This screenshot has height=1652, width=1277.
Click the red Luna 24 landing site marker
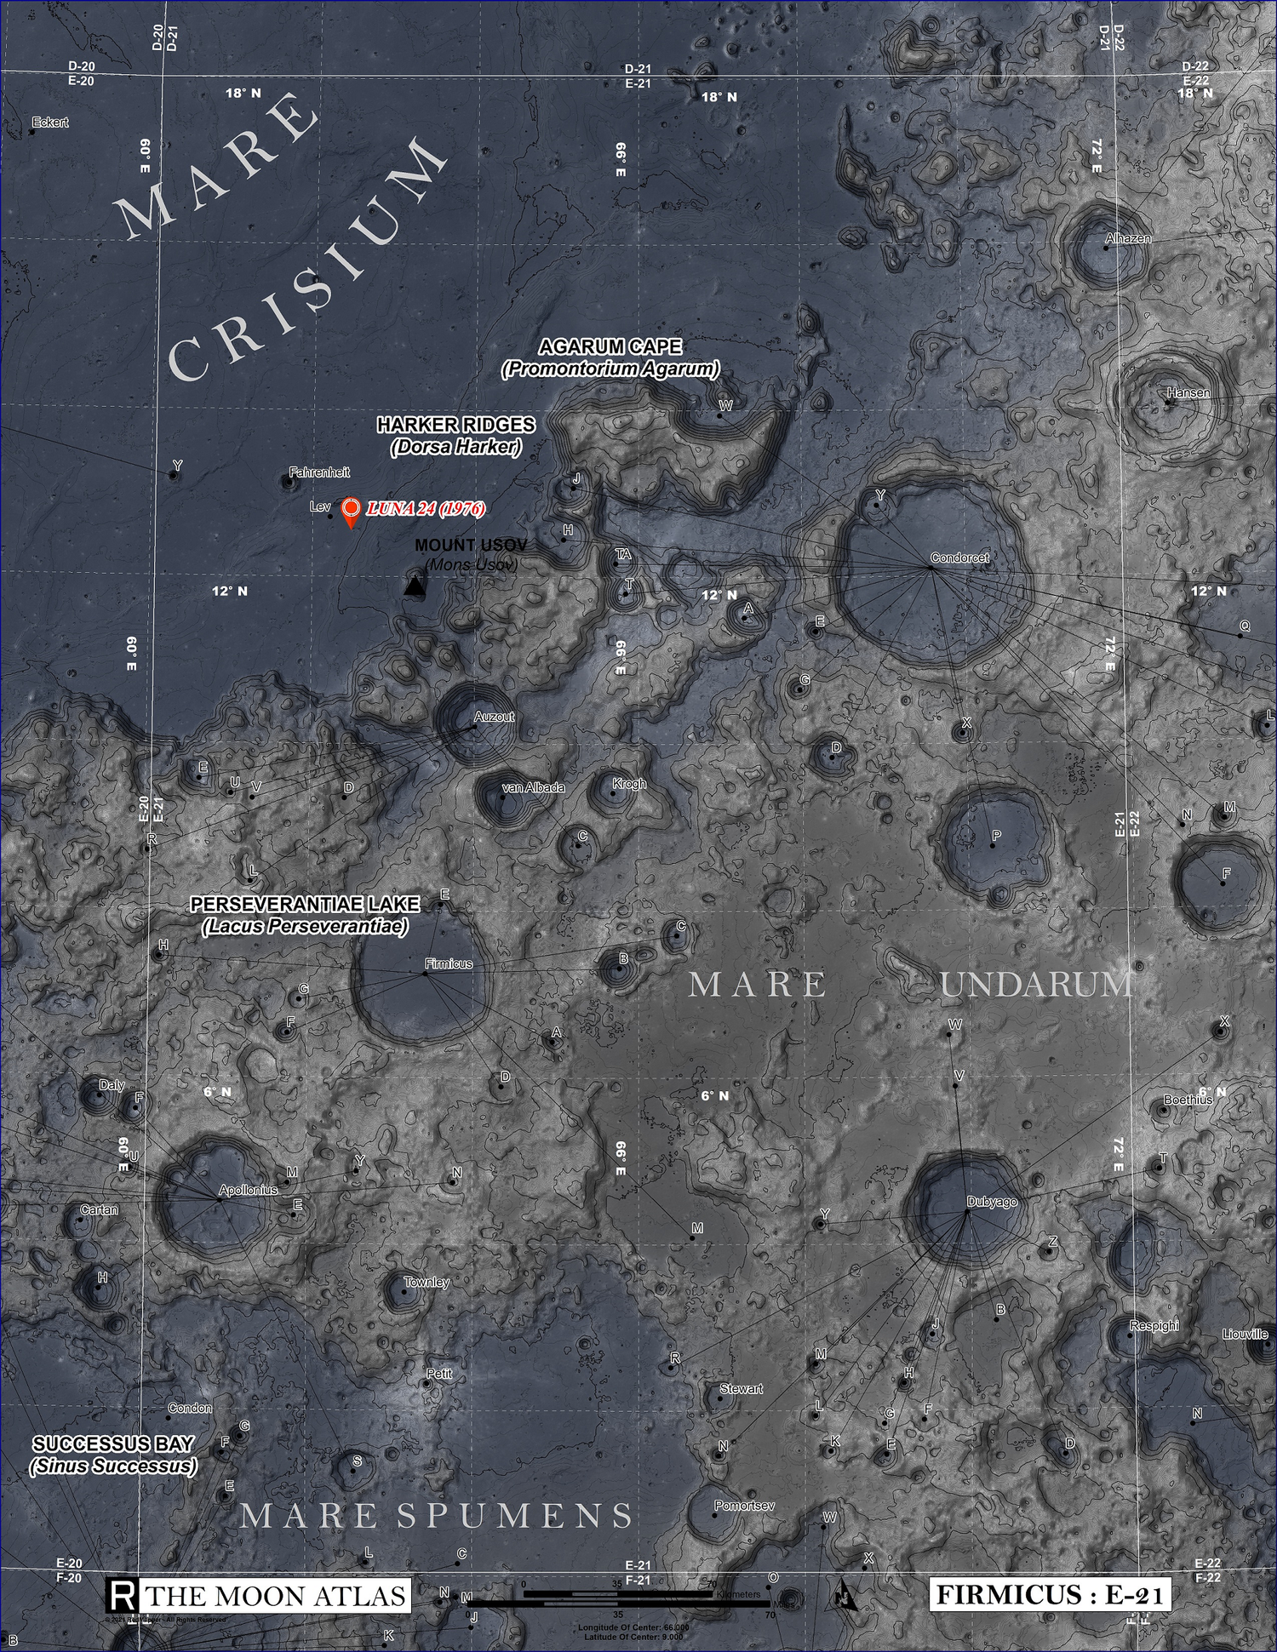coord(350,510)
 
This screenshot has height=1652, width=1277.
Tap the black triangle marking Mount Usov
coord(414,585)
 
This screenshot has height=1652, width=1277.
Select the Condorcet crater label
coord(959,558)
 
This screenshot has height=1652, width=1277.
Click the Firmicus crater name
coord(449,963)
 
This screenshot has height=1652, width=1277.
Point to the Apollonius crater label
coord(248,1190)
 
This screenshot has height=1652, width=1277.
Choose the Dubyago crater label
coord(992,1202)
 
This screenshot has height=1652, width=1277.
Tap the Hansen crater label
coord(1188,393)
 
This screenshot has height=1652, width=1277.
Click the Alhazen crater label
coord(1127,239)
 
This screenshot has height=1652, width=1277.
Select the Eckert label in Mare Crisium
coord(50,123)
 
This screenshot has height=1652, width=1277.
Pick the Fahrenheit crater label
coord(319,472)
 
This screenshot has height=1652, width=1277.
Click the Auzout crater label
coord(494,717)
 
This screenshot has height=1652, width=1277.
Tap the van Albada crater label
coord(533,787)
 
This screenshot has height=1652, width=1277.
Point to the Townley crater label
coord(427,1282)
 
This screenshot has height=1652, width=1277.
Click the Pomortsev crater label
coord(744,1506)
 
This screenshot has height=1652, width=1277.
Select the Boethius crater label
coord(1188,1100)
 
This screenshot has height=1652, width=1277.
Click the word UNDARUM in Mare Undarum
coord(1035,985)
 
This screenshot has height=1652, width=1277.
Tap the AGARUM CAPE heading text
coord(610,346)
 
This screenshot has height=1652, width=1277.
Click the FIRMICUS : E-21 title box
coord(1050,1594)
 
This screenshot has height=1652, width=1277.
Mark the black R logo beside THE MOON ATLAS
coord(121,1595)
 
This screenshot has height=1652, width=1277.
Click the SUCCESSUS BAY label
coord(113,1443)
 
